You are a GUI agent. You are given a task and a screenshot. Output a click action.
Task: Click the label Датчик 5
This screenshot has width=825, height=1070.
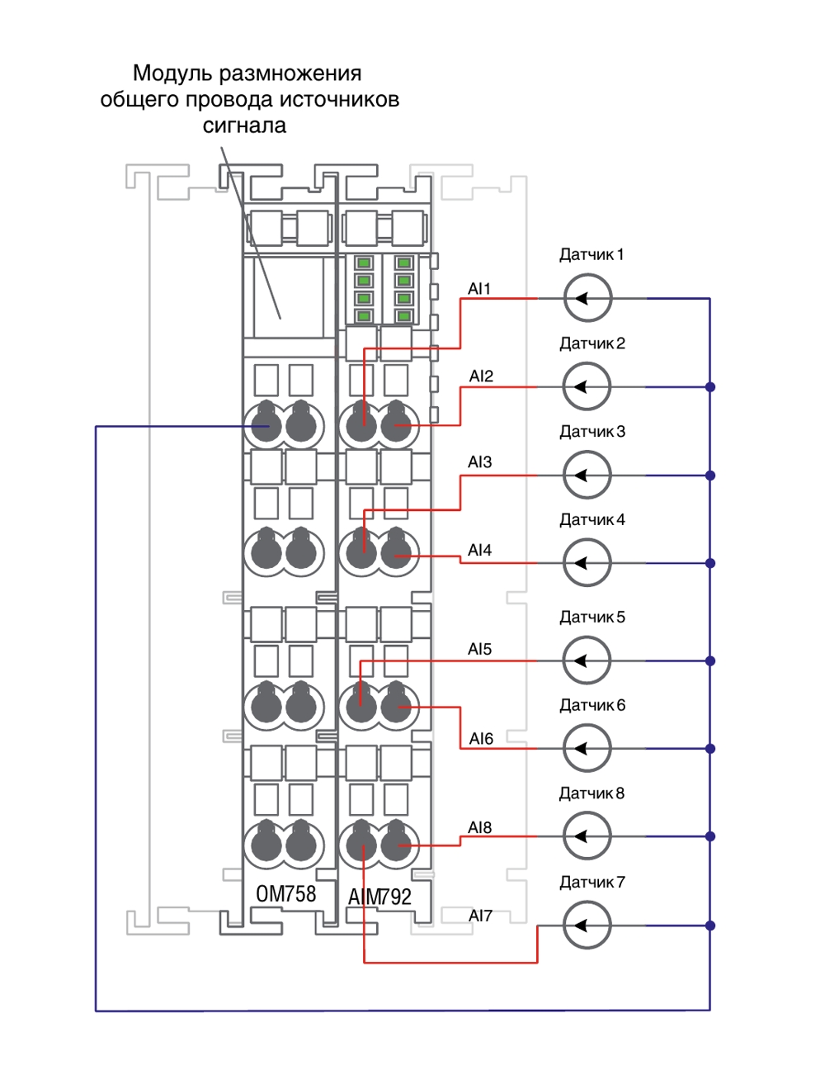[592, 617]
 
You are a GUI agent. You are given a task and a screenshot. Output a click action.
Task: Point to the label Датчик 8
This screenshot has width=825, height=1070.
[592, 793]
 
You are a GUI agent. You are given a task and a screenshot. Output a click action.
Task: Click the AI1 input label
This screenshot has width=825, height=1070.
[479, 288]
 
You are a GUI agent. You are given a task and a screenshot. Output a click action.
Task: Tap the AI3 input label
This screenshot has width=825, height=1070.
[479, 462]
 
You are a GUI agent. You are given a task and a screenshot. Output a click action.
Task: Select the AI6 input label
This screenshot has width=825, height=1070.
[481, 739]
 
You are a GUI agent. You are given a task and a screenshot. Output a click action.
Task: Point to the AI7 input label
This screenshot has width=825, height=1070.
[480, 916]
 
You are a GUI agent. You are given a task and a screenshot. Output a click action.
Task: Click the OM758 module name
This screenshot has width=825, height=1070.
[285, 893]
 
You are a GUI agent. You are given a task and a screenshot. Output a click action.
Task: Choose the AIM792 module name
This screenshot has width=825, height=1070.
[379, 896]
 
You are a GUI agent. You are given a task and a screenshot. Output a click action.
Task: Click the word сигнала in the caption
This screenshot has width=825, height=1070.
[244, 125]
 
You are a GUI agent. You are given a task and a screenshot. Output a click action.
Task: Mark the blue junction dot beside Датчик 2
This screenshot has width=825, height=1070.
[709, 387]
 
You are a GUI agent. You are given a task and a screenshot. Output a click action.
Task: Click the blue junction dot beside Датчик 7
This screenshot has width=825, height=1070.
[709, 926]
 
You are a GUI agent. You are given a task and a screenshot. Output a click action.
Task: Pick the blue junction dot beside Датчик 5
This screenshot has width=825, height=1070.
[709, 660]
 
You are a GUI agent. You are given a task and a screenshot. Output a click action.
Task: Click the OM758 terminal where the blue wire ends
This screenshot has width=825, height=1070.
[266, 425]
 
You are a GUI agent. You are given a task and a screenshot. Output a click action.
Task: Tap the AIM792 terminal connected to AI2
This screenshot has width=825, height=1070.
[396, 425]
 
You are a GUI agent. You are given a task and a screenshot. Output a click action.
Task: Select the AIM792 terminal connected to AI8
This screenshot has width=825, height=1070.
[396, 845]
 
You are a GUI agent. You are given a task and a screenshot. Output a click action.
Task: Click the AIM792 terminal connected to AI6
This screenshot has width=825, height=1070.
[396, 707]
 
